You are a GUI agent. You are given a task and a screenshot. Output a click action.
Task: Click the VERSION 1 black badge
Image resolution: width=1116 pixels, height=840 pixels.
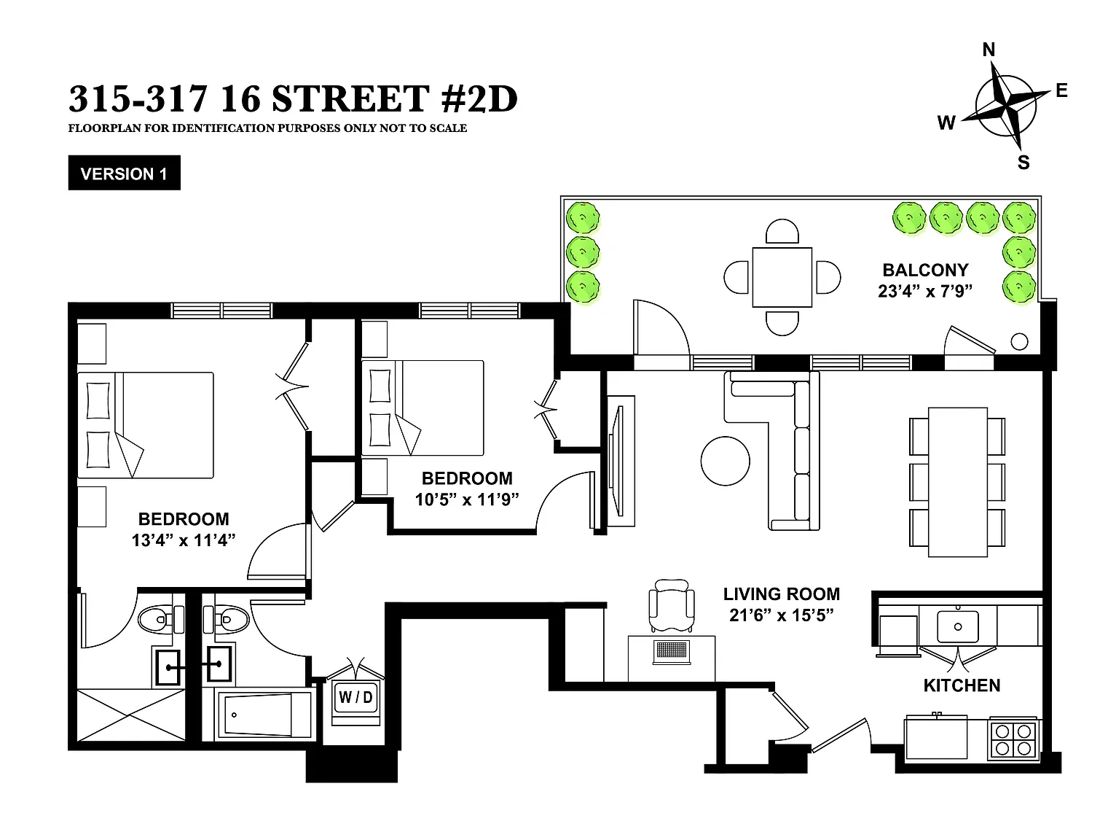click(x=124, y=173)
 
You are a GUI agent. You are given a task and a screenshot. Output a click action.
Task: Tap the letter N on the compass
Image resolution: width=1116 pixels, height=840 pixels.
click(x=989, y=50)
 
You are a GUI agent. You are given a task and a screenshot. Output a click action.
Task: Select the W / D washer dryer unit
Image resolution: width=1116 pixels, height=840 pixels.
click(x=355, y=698)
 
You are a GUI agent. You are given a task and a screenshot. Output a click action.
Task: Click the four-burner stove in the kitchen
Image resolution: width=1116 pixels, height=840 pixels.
click(x=1013, y=740)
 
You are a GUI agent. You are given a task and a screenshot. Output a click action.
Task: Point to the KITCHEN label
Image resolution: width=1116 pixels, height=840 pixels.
click(x=962, y=685)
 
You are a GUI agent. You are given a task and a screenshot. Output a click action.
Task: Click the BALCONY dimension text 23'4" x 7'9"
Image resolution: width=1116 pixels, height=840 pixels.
click(x=925, y=291)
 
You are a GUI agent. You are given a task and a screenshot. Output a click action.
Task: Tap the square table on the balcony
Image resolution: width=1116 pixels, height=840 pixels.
click(x=782, y=277)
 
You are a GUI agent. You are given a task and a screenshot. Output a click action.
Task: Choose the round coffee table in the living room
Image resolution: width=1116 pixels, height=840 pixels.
click(x=725, y=461)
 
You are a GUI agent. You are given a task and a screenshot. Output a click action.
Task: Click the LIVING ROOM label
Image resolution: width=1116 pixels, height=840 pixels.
click(x=782, y=594)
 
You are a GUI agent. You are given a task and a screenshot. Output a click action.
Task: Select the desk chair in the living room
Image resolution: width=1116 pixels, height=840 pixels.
click(x=672, y=605)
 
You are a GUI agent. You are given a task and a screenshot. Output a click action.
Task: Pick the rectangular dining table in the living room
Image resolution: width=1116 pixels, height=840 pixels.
click(x=958, y=482)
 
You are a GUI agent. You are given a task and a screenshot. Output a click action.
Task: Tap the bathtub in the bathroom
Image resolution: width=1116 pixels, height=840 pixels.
click(x=263, y=715)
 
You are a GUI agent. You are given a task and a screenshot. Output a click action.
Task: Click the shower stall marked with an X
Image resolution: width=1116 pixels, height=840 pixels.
click(x=130, y=715)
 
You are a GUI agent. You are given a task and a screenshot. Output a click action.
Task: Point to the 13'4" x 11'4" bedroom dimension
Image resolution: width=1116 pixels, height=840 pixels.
click(x=184, y=540)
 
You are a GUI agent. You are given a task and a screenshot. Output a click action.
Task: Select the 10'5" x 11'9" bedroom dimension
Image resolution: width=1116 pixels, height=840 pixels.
click(x=467, y=499)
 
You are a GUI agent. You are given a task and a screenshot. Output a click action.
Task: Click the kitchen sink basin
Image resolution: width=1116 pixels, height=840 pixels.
click(x=958, y=627)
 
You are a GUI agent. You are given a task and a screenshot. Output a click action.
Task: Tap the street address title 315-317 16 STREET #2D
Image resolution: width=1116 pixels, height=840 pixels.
click(x=294, y=98)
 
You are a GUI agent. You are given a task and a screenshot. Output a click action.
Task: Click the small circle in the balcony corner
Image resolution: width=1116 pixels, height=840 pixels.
click(x=1019, y=341)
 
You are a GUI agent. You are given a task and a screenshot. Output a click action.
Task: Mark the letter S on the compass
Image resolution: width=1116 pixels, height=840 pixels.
click(x=1023, y=163)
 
